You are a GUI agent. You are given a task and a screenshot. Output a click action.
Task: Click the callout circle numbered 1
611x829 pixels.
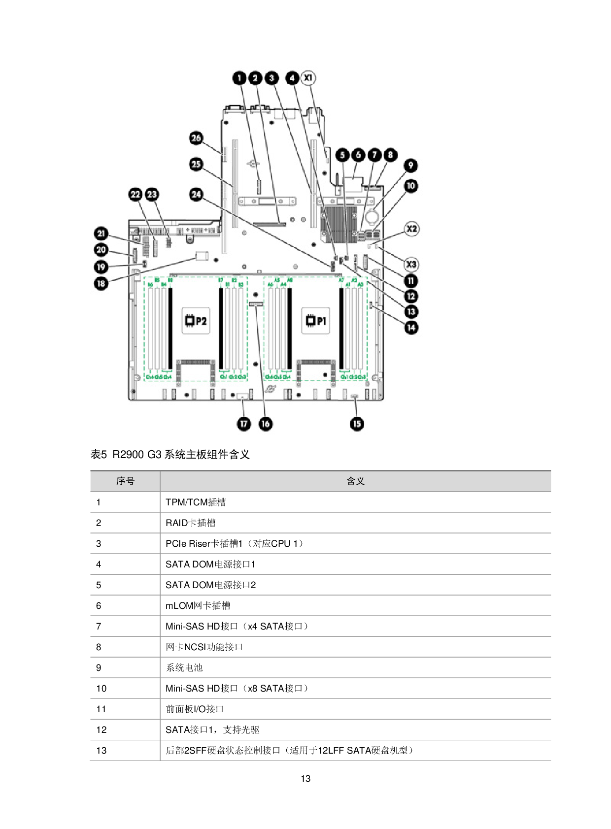[x=239, y=78]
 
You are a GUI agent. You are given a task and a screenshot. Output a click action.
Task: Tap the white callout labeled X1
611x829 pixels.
[x=308, y=78]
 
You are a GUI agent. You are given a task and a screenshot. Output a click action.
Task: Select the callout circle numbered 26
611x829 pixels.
[x=196, y=138]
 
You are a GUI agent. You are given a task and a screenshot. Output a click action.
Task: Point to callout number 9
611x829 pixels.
[x=410, y=166]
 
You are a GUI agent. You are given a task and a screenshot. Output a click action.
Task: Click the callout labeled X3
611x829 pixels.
[x=411, y=265]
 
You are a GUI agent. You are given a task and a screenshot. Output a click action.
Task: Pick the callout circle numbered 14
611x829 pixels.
[x=411, y=328]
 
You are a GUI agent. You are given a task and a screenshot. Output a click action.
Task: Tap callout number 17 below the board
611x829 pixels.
[x=244, y=424]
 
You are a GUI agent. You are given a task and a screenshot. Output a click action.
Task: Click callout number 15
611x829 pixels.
[x=357, y=424]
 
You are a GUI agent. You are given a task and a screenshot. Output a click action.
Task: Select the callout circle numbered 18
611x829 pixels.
[x=102, y=283]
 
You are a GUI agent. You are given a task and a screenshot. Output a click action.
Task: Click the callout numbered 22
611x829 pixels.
[x=136, y=195]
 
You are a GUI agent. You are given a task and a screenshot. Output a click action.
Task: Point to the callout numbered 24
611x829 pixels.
[x=196, y=195]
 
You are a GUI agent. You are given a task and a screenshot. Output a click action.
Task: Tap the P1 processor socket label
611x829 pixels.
[x=315, y=321]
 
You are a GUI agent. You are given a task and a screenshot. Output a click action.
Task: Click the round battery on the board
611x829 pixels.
[x=373, y=215]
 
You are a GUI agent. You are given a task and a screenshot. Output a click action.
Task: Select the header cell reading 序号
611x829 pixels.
[x=125, y=481]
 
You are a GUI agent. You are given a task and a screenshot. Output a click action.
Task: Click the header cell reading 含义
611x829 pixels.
[x=355, y=481]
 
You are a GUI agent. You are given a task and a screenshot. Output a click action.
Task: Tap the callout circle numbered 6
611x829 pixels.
[x=358, y=155]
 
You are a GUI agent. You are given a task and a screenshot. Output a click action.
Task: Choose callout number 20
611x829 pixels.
[x=102, y=250]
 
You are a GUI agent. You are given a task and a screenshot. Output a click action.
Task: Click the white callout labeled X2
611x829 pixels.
[x=411, y=229]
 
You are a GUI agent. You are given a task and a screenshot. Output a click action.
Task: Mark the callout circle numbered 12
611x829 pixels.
[x=411, y=296]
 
